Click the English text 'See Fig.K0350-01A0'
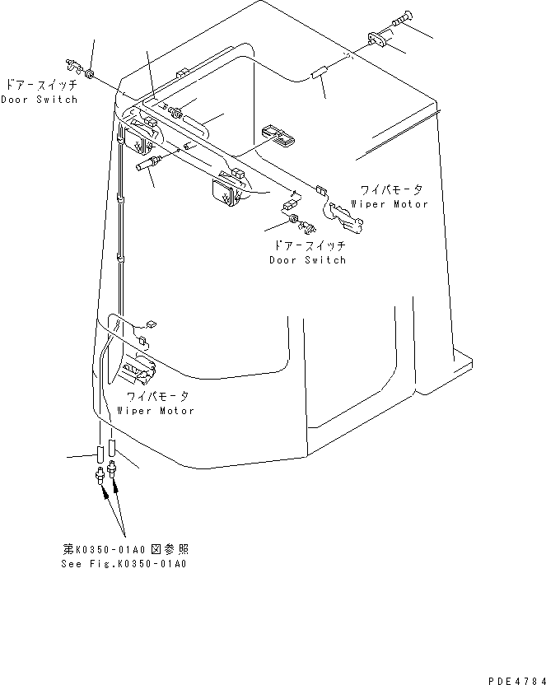pyautogui.click(x=124, y=564)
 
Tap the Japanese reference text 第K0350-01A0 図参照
pyautogui.click(x=131, y=549)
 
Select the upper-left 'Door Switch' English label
pyautogui.click(x=39, y=100)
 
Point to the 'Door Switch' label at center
pyautogui.click(x=308, y=260)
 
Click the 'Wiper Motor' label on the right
pyautogui.click(x=390, y=203)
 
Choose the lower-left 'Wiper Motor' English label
pyautogui.click(x=156, y=410)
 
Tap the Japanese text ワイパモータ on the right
pyautogui.click(x=390, y=190)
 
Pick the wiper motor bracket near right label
pyautogui.click(x=347, y=217)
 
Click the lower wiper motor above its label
pyautogui.click(x=136, y=372)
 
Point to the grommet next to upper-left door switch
pyautogui.click(x=91, y=75)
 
